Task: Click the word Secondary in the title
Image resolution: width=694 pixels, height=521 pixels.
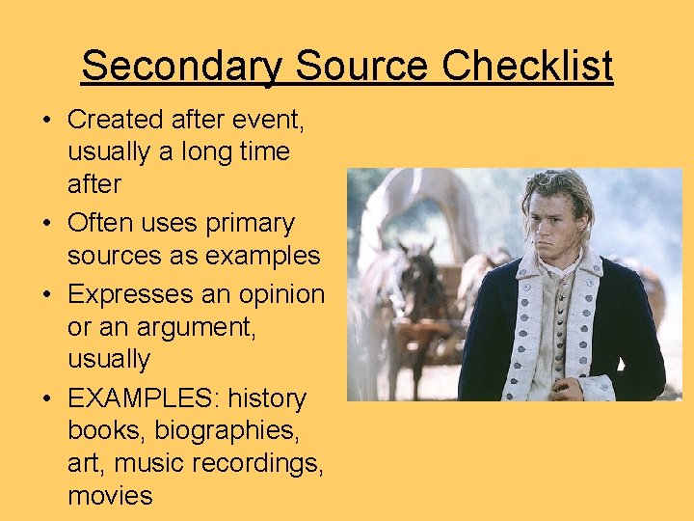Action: [182, 67]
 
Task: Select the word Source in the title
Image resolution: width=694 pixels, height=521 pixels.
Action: [362, 67]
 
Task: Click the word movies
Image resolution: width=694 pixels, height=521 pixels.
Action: [110, 497]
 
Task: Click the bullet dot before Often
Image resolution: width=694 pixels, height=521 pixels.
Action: [46, 224]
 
